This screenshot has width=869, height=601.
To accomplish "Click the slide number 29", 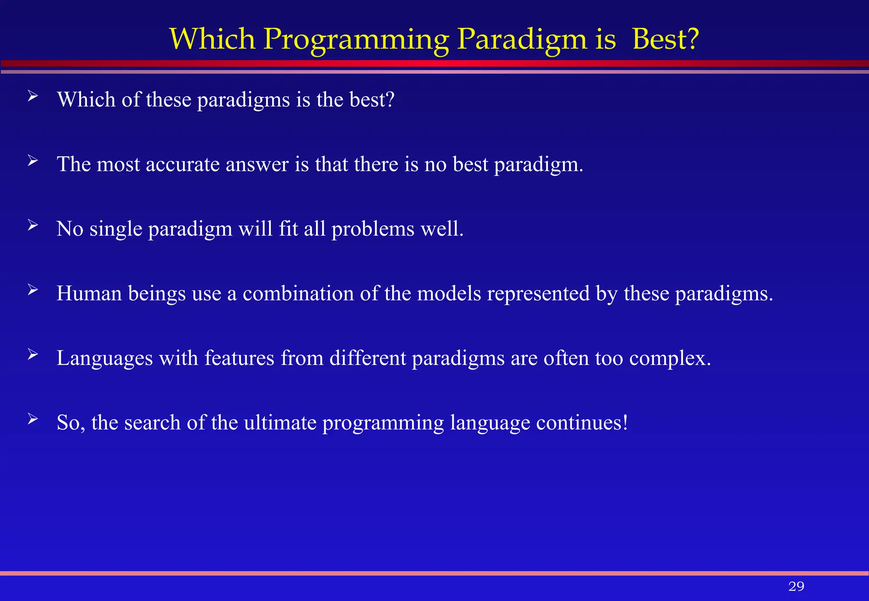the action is coord(796,586).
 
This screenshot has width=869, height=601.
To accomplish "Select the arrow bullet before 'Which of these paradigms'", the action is coord(33,97).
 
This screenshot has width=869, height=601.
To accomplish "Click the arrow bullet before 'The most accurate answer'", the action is coord(33,161).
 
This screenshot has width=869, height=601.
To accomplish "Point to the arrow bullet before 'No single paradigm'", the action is coord(33,225).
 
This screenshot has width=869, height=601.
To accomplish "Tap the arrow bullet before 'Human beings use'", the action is coord(33,290).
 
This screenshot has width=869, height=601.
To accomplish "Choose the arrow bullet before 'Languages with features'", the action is coord(33,355).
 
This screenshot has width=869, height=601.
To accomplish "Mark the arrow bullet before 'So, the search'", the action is coord(33,419).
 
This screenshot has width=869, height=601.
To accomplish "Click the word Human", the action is coord(90,293).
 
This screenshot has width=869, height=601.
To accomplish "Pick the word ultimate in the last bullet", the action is coord(280,423).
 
